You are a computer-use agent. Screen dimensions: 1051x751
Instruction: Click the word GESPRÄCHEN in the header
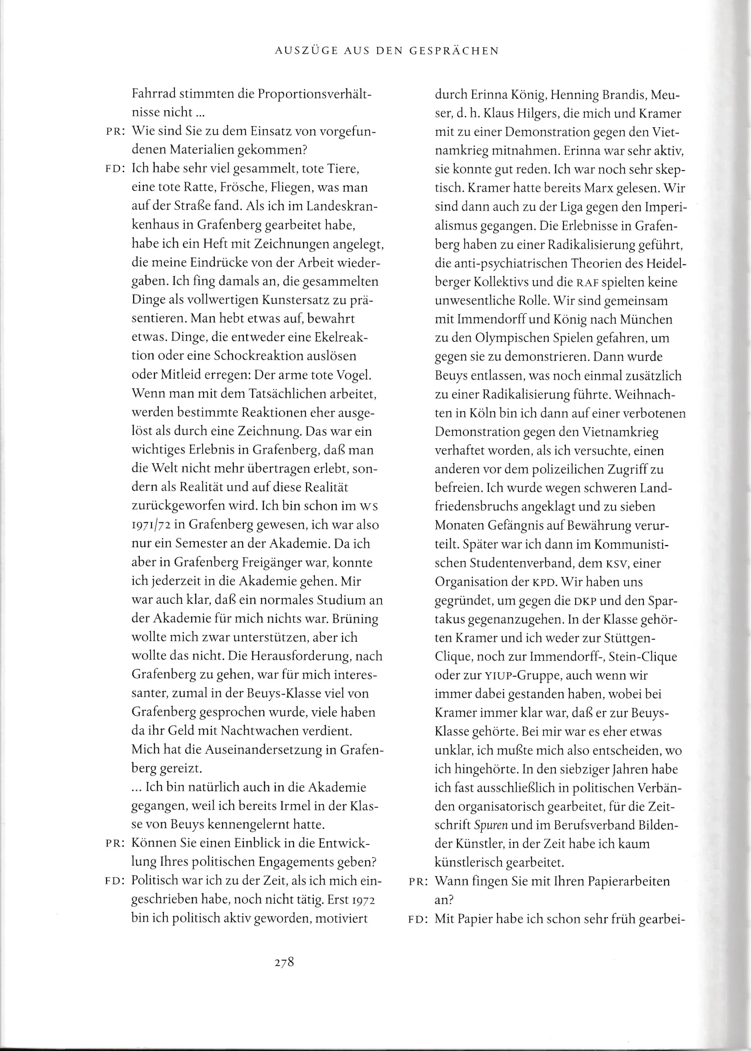(x=454, y=51)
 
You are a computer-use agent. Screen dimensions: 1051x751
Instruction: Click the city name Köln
(x=484, y=413)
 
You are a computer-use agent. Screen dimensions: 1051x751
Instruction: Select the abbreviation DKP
(x=584, y=601)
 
